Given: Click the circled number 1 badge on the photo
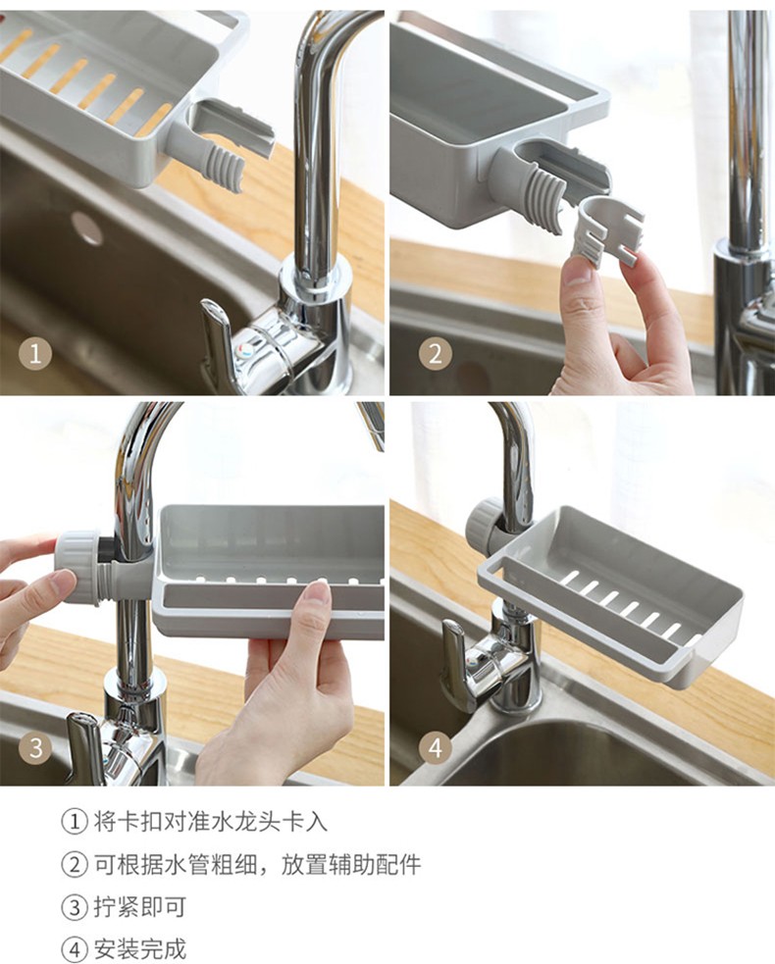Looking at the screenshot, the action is click(x=34, y=354).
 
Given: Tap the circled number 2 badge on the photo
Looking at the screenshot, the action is click(x=435, y=354).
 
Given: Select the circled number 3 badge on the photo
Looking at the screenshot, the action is click(x=34, y=747).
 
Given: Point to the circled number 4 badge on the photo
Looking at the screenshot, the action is click(x=435, y=747).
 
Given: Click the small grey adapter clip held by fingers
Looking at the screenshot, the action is click(x=606, y=233).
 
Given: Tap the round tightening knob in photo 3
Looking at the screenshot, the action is click(x=78, y=568).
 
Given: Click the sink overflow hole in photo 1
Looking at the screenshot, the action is click(x=86, y=228).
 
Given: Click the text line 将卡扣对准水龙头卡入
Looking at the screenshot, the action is click(x=210, y=822).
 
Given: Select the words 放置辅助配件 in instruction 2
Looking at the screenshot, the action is click(x=351, y=865).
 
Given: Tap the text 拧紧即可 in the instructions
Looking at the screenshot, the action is click(x=139, y=907).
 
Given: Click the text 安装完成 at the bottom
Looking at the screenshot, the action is click(x=139, y=948).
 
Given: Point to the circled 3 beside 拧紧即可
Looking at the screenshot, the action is click(x=75, y=907).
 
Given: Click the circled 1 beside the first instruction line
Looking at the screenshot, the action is click(x=75, y=822).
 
